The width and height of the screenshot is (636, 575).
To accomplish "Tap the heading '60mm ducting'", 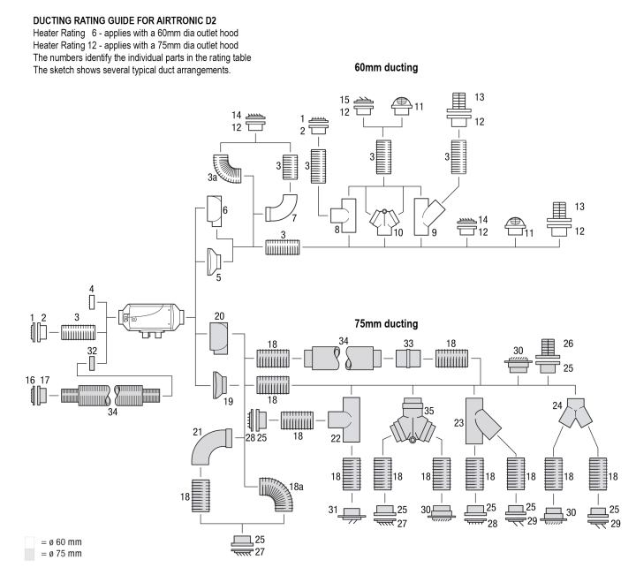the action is pos(386,67).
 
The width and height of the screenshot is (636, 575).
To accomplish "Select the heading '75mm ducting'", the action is pos(386,323).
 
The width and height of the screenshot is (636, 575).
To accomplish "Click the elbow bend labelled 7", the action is pos(282,208).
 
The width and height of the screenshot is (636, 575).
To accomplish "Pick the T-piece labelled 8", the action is pos(344,216).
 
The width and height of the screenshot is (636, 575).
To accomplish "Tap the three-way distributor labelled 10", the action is pos(384,222).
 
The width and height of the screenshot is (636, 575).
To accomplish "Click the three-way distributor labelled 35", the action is pos(413,421).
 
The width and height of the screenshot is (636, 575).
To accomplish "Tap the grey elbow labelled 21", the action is pos(209,446).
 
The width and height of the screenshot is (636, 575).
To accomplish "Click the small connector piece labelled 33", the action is pos(408,359).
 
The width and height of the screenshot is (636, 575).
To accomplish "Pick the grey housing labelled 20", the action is pos(219,338).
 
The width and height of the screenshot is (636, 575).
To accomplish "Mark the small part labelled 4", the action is pos(92,302).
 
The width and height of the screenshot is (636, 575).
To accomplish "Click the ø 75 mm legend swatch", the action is pos(30,555).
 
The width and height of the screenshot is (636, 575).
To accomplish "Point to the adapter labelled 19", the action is pos(220,384).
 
